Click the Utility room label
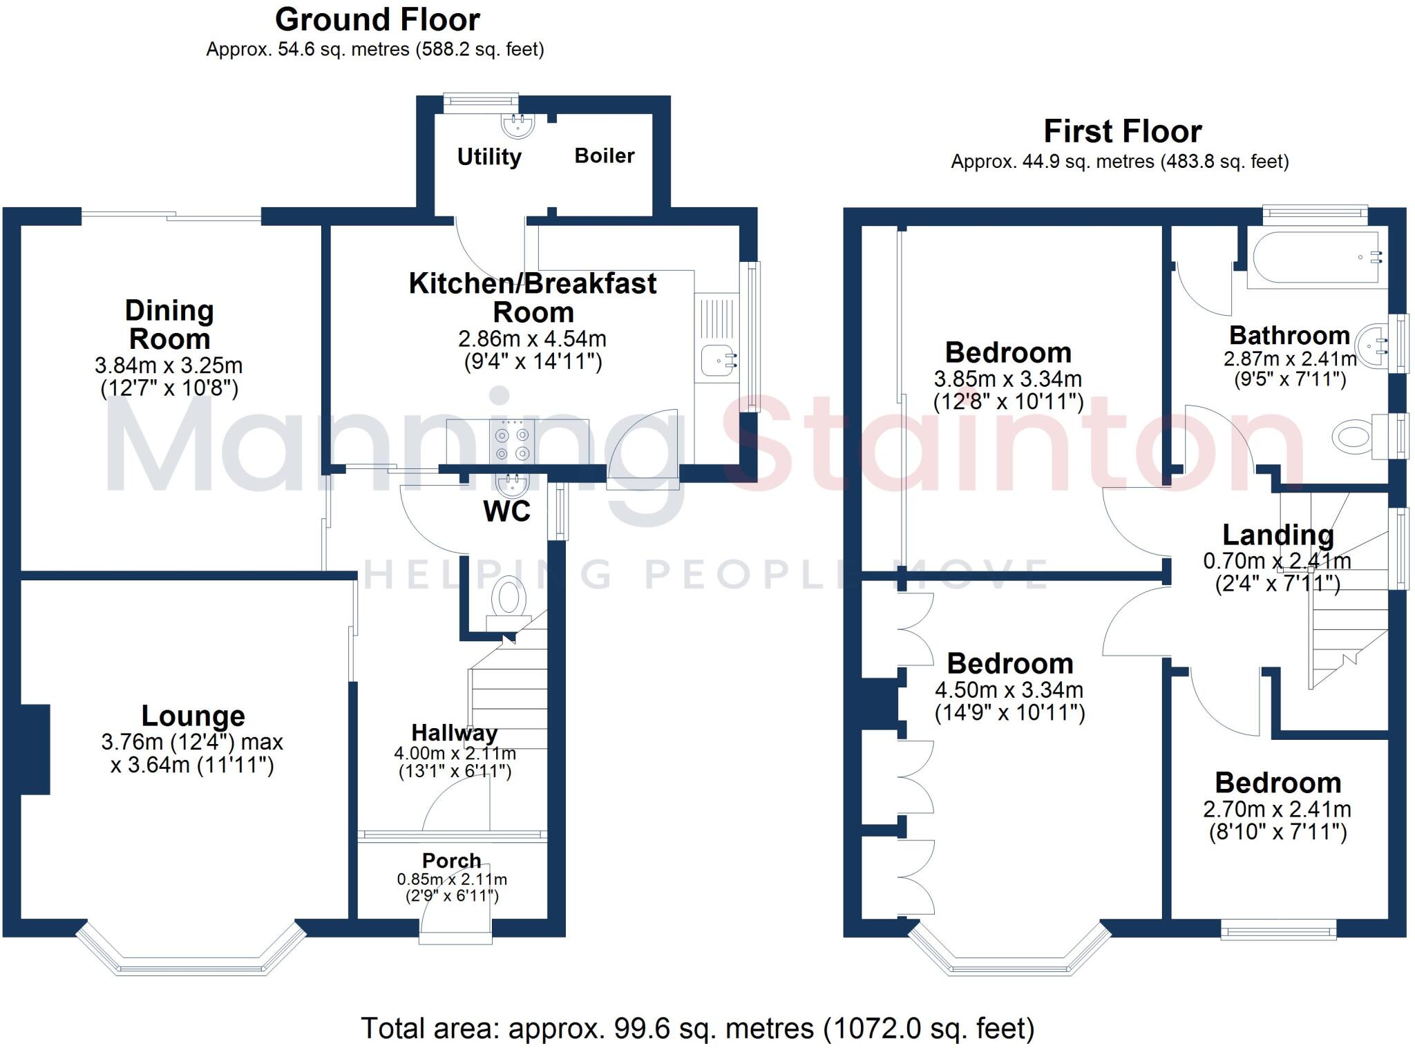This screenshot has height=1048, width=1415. pos(489,158)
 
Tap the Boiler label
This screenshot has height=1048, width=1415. pos(605,155)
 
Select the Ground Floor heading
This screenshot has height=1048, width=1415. pos(377,20)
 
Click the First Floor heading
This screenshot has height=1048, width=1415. pos(1123,131)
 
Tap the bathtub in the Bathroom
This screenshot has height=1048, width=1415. pos(1317,260)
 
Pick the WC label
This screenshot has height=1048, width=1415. pos(507,512)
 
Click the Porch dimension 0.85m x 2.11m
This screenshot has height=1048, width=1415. pos(452,879)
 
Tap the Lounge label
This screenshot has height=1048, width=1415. pos(193,716)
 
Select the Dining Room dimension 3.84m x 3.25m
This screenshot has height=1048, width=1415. pos(169,365)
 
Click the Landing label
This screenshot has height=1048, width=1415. pos(1278,535)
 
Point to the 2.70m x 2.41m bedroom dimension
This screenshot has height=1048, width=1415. pos(1278,809)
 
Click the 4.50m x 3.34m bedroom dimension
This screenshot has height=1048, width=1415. pos(1009,689)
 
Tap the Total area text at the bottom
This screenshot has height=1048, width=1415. pos(698,1028)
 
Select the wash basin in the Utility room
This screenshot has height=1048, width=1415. pos(517,124)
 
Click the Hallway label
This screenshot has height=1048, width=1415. pos(455,733)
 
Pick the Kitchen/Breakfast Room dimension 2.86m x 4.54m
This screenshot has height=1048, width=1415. pos(532,339)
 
